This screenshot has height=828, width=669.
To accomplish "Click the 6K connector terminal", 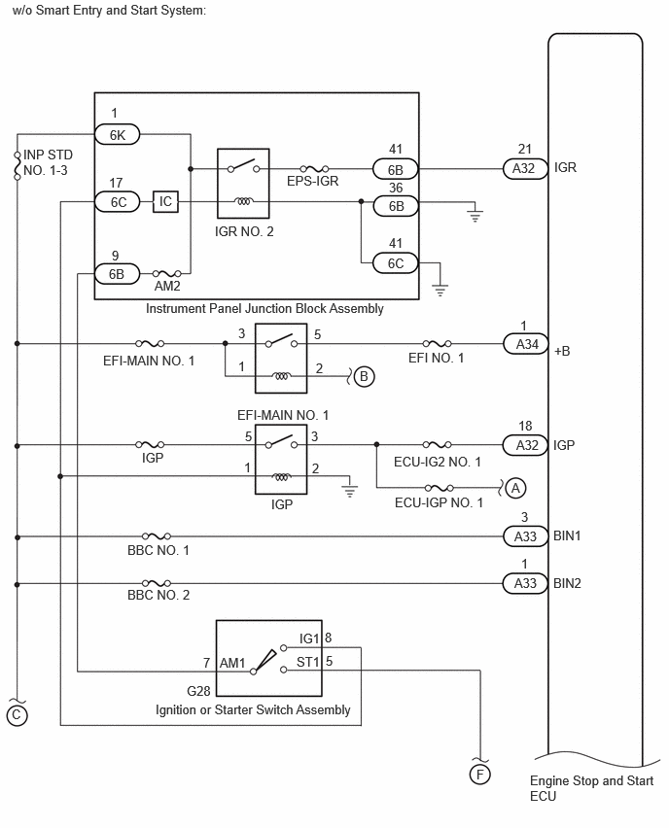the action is coord(118,135).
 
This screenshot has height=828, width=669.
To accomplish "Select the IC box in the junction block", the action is coord(165,201).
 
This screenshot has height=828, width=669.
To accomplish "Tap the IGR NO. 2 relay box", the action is coord(243,184).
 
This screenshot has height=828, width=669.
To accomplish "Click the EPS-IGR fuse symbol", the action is coord(314,169).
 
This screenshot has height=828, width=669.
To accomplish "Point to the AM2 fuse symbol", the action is coord(167,273).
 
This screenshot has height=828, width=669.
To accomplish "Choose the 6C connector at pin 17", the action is coord(118,202).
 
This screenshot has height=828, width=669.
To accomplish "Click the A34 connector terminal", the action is coord(525,344).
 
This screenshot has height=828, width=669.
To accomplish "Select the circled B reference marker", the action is coord(364,376).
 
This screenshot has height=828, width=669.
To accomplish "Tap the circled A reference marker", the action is coord(515,488).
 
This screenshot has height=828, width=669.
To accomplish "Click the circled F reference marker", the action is coord(479,775).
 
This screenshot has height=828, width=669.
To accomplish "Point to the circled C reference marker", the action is coord(17,715).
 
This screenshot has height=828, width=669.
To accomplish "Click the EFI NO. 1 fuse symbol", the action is coord(437,344).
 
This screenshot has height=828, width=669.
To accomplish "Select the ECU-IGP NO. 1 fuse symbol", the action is coord(440,488).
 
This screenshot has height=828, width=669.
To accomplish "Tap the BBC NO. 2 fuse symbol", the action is coord(157,583).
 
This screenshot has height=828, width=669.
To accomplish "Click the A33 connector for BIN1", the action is coord(525,536).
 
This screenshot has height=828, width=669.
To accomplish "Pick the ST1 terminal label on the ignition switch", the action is coord(308,662).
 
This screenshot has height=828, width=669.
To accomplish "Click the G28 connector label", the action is coord(198,691).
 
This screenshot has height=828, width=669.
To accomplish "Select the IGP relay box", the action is coord(281,460).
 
